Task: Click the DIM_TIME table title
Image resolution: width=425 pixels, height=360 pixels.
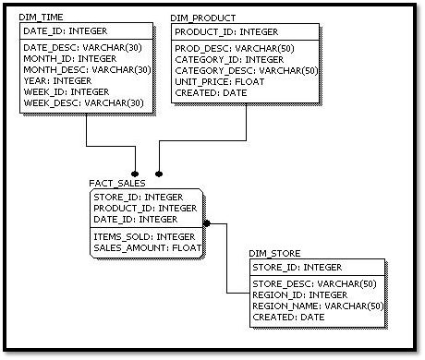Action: click(x=42, y=18)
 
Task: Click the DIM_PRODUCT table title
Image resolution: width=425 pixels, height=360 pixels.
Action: click(x=203, y=18)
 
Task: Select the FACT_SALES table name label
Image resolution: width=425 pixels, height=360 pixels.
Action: click(x=117, y=183)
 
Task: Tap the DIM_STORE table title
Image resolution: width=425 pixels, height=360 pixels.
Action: click(x=274, y=253)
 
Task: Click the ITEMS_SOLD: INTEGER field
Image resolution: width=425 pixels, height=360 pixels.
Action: click(x=143, y=236)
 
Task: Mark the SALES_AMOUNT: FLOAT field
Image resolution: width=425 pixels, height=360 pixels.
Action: click(x=147, y=247)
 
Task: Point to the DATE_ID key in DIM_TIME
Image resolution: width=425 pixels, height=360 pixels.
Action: click(x=64, y=31)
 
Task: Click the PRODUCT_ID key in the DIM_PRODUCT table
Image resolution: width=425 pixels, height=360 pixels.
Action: click(x=225, y=31)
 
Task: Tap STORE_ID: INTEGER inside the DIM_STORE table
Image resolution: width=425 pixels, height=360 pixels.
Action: click(x=296, y=267)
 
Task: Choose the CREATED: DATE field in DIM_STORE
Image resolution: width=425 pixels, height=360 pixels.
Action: click(x=287, y=317)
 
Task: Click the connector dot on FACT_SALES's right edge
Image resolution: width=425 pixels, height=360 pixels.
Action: click(x=208, y=222)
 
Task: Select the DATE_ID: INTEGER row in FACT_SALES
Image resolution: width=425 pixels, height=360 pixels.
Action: click(x=135, y=219)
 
